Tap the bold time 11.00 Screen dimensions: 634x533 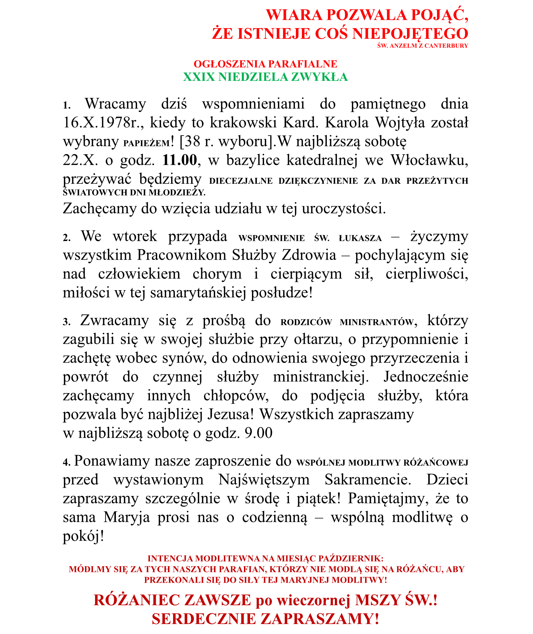coord(179,160)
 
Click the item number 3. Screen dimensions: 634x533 coord(66,322)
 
